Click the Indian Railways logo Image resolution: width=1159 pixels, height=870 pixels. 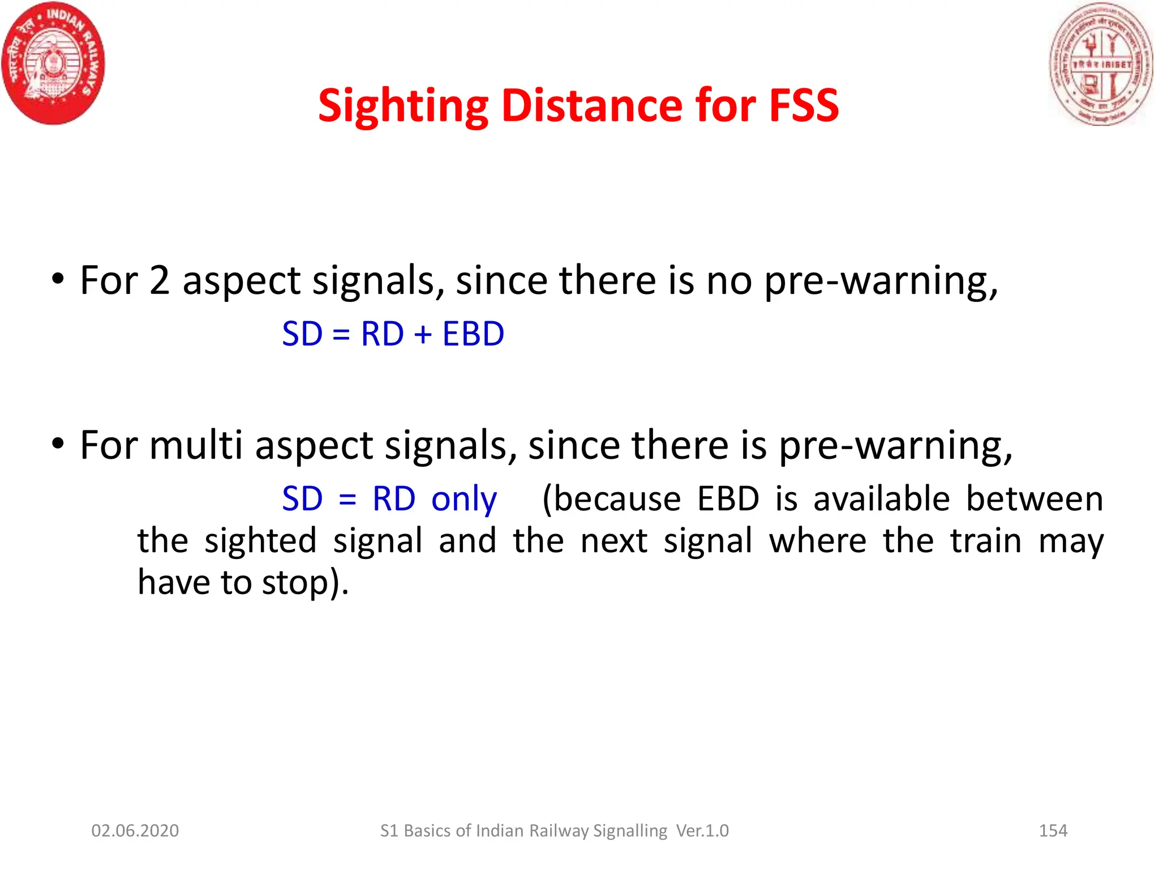53,63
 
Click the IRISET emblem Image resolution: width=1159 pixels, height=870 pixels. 1101,64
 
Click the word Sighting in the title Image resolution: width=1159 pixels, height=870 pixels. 403,106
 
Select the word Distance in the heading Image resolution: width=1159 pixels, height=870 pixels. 592,106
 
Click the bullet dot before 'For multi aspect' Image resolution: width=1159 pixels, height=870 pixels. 57,443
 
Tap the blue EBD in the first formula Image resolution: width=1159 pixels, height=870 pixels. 473,334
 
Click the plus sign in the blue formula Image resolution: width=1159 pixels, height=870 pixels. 423,334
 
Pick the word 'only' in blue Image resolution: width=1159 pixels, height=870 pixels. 464,500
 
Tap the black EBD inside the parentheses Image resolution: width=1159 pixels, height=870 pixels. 728,499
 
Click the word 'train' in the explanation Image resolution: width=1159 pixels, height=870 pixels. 986,540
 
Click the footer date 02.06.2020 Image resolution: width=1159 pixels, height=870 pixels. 135,830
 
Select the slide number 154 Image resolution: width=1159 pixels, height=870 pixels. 1053,830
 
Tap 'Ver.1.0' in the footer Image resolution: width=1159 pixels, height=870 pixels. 702,830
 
